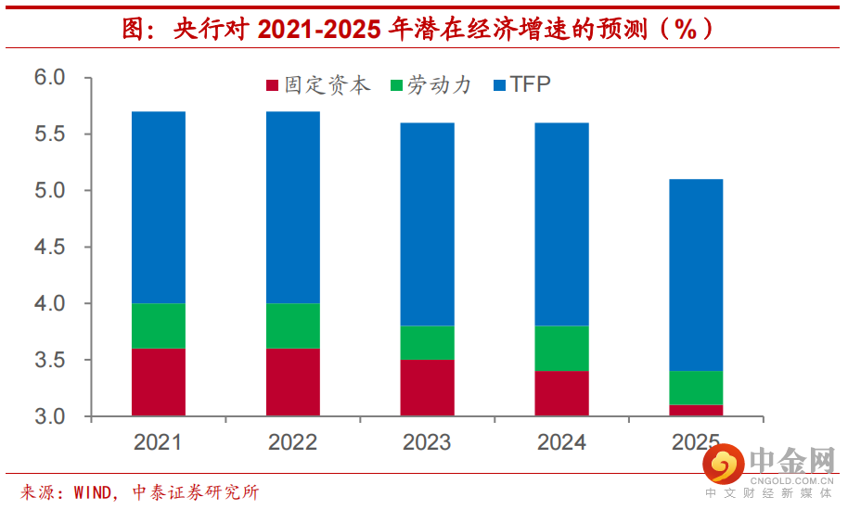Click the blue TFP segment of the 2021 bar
pos(159,208)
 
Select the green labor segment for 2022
pos(293,325)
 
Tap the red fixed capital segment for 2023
pos(428,388)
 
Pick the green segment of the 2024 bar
pos(561,348)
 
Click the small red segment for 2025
pos(696,410)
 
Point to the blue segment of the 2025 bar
pos(696,275)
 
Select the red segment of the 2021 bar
pos(159,382)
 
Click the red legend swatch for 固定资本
pos(273,86)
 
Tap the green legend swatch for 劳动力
pos(396,86)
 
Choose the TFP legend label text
pos(531,85)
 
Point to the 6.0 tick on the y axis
pos(50,78)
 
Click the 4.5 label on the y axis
pos(50,248)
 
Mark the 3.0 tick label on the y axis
pos(50,416)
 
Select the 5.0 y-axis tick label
pos(50,191)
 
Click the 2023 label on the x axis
pos(428,442)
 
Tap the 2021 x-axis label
pos(159,442)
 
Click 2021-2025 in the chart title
pos(318,29)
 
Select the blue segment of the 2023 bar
pos(428,224)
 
